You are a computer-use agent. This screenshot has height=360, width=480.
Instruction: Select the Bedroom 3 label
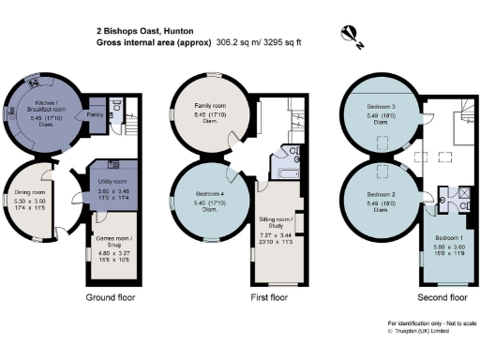tap(381, 108)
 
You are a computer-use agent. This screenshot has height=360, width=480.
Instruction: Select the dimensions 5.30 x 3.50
tap(32, 202)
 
